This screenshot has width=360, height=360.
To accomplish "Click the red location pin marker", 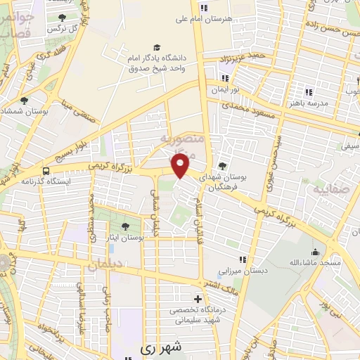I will [x=181, y=165].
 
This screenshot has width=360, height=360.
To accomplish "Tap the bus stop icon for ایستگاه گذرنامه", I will [x=46, y=171].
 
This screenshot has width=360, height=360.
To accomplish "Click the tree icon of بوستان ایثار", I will [x=125, y=226].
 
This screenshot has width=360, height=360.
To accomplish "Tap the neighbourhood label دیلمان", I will [x=105, y=264].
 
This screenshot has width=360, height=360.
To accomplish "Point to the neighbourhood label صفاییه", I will [x=330, y=189].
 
